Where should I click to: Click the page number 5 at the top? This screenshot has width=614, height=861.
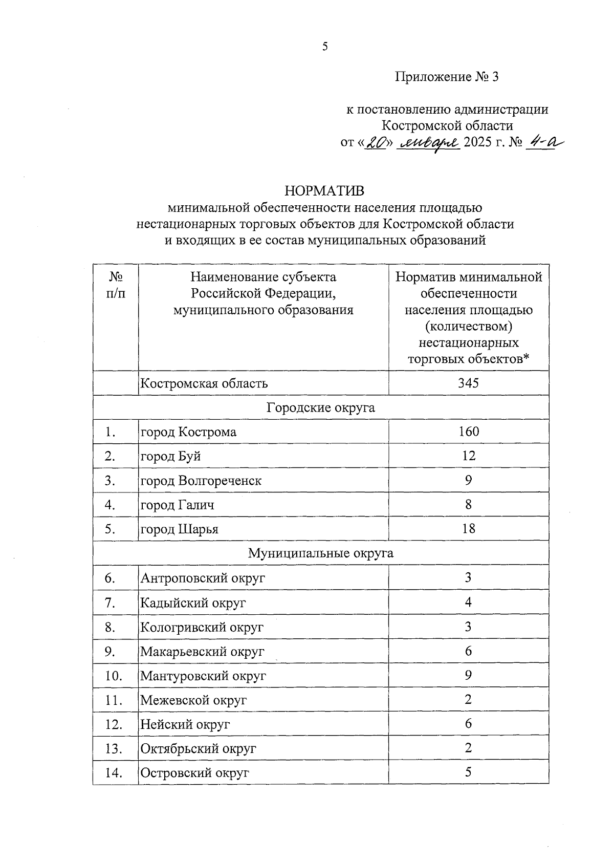click(324, 47)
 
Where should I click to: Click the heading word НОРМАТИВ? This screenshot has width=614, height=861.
click(325, 191)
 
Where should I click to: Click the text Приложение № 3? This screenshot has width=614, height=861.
click(446, 77)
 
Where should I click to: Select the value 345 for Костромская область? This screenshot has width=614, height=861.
click(468, 383)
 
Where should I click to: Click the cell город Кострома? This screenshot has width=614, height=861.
click(188, 432)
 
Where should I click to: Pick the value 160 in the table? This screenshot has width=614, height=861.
click(468, 432)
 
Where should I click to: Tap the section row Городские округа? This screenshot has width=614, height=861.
click(320, 407)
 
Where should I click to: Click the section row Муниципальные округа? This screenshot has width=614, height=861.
click(320, 553)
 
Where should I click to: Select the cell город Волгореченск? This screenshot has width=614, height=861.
click(201, 481)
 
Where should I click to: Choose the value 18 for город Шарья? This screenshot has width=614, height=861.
click(468, 529)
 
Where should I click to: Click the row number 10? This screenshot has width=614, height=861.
click(114, 676)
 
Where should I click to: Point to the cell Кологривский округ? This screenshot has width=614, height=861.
click(202, 627)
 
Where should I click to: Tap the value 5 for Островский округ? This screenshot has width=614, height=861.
click(468, 772)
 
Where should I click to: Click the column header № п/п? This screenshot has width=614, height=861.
click(116, 285)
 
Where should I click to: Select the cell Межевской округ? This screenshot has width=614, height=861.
click(193, 700)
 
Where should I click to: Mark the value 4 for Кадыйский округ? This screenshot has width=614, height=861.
click(468, 602)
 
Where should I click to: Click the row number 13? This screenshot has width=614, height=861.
click(114, 749)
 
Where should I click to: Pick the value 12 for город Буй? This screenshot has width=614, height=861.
click(468, 456)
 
